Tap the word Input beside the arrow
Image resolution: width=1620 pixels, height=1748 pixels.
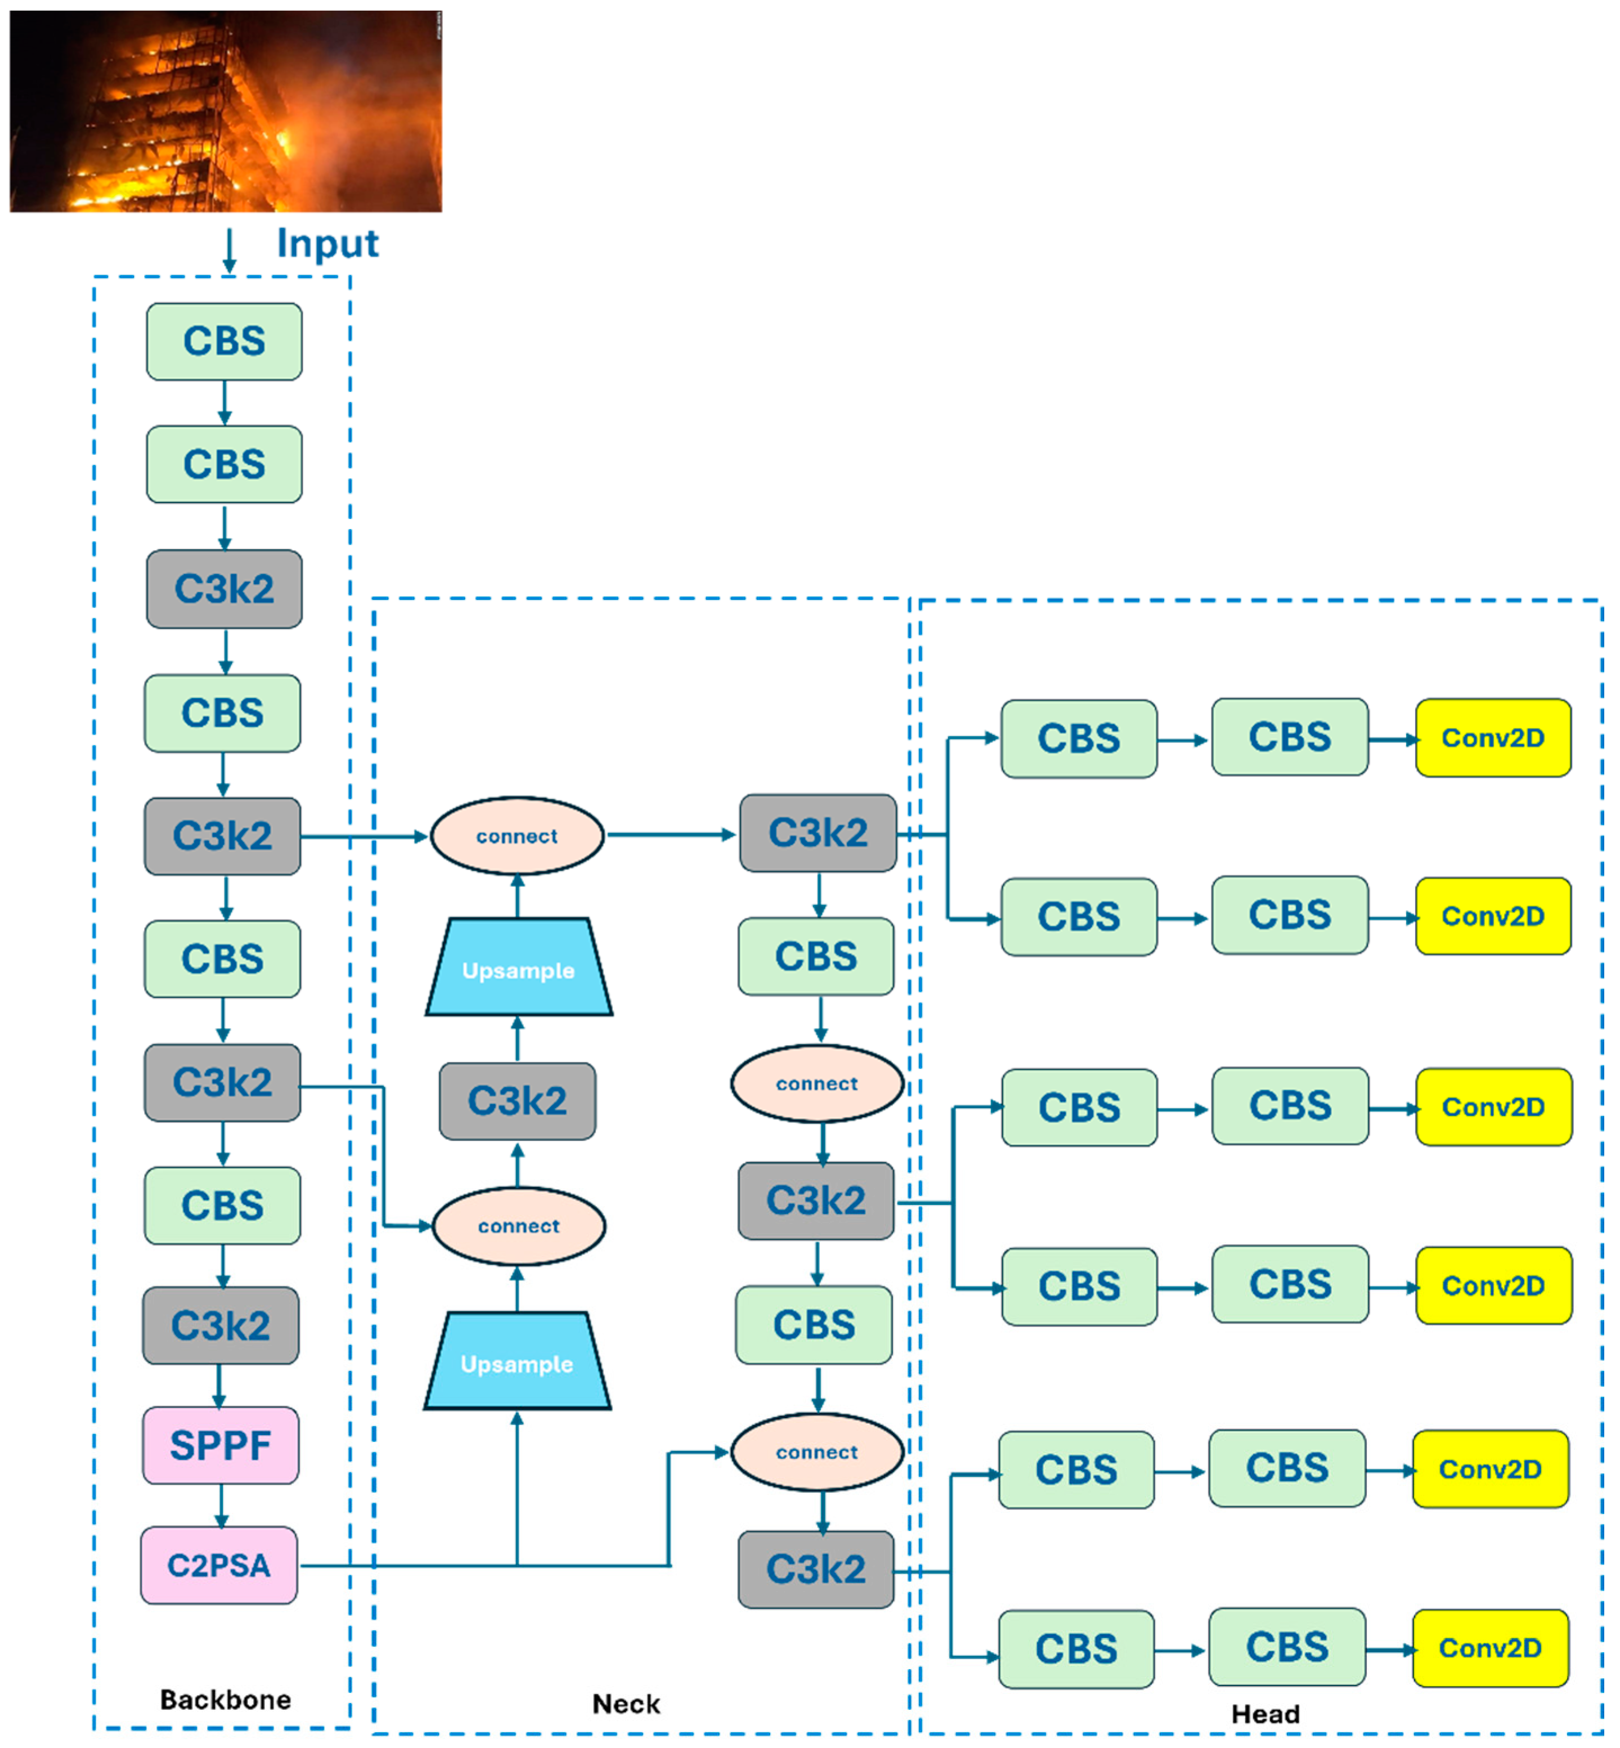(327, 243)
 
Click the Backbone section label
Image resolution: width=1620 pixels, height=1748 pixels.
(225, 1699)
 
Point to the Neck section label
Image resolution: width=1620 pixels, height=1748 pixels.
(625, 1704)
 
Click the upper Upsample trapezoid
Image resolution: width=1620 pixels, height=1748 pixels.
(518, 968)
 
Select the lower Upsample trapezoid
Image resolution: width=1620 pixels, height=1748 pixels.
(517, 1361)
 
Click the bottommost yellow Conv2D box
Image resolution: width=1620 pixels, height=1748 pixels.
(1489, 1647)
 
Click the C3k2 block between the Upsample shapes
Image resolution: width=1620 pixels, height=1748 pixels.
(517, 1100)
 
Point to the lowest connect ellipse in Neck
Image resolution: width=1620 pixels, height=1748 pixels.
(816, 1452)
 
